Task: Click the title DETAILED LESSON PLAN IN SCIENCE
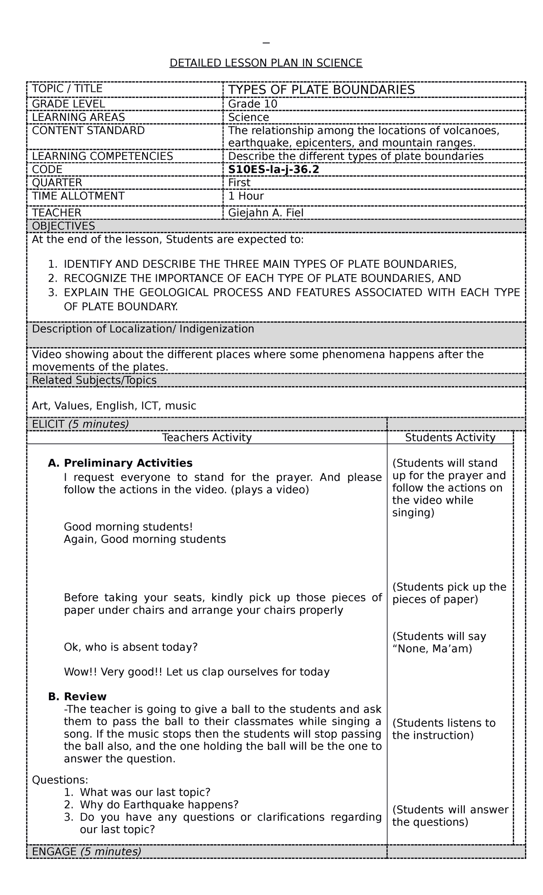[266, 63]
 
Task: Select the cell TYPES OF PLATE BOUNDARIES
[321, 90]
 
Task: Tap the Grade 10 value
[252, 104]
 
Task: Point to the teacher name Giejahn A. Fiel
[266, 212]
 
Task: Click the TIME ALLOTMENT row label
[78, 196]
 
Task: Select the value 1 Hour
[246, 196]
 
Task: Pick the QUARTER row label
[57, 183]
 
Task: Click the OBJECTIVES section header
[63, 226]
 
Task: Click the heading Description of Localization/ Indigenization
[143, 329]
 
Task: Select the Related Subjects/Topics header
[94, 380]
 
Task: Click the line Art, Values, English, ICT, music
[114, 406]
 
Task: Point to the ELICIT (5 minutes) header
[80, 424]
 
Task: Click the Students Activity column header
[450, 438]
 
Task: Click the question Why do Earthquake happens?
[159, 804]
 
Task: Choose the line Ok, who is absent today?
[131, 647]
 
